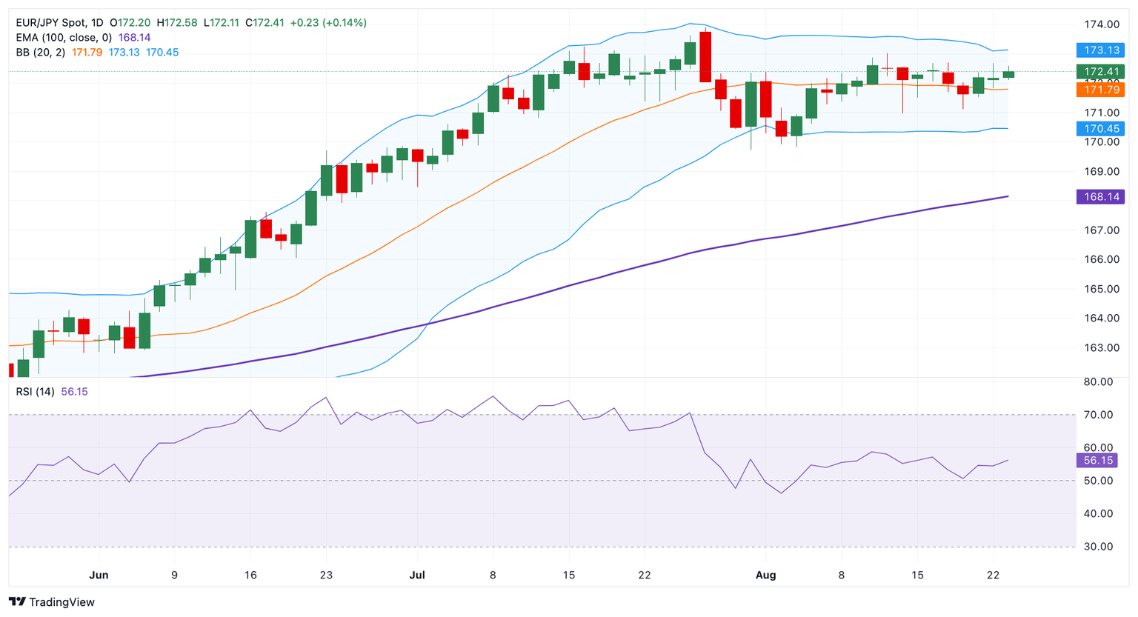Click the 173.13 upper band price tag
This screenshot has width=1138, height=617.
(1100, 50)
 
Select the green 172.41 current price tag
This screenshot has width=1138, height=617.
(1100, 72)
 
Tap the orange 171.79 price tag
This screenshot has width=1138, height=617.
(1100, 90)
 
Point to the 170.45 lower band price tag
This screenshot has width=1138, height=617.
(1100, 129)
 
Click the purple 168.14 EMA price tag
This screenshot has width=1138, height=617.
(1100, 196)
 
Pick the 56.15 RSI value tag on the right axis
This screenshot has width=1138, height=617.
(1098, 461)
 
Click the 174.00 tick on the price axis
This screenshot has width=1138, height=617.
(1102, 24)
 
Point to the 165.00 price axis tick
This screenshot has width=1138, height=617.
(1102, 289)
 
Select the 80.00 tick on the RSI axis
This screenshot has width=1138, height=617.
(1098, 381)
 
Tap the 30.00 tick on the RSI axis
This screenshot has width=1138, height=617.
(1098, 547)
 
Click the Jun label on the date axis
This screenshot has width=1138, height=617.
(99, 575)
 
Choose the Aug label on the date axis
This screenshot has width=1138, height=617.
(765, 575)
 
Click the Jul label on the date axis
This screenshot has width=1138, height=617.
(416, 575)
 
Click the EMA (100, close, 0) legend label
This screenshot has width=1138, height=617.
(64, 38)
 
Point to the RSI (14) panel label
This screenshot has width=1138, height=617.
(35, 391)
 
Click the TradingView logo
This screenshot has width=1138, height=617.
(52, 602)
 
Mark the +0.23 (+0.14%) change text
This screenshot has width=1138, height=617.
(327, 23)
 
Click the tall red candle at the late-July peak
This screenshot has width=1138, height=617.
(705, 56)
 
